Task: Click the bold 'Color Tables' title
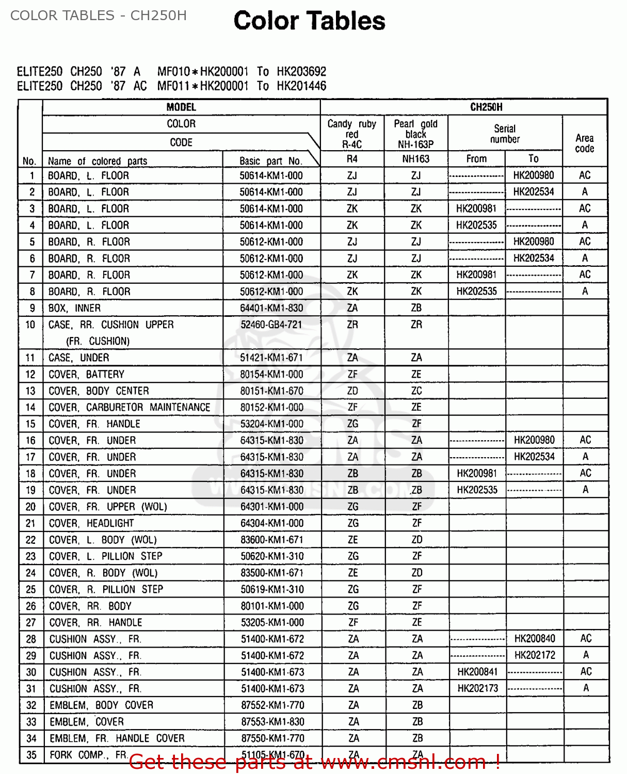309,21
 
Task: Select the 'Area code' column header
584,143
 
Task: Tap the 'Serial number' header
505,134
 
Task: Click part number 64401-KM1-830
271,308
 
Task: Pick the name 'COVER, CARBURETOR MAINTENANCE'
129,407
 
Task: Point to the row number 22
31,540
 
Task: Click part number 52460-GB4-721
271,325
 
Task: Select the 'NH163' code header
415,159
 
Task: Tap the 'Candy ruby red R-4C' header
352,134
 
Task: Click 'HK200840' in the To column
535,639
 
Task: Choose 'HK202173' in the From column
478,688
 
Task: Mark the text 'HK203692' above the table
301,71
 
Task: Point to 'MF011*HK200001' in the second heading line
203,86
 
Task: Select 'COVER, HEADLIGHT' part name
91,523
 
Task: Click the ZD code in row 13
352,391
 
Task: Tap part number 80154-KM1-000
271,374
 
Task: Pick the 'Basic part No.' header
270,161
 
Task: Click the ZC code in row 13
416,391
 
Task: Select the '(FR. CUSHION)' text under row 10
98,341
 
